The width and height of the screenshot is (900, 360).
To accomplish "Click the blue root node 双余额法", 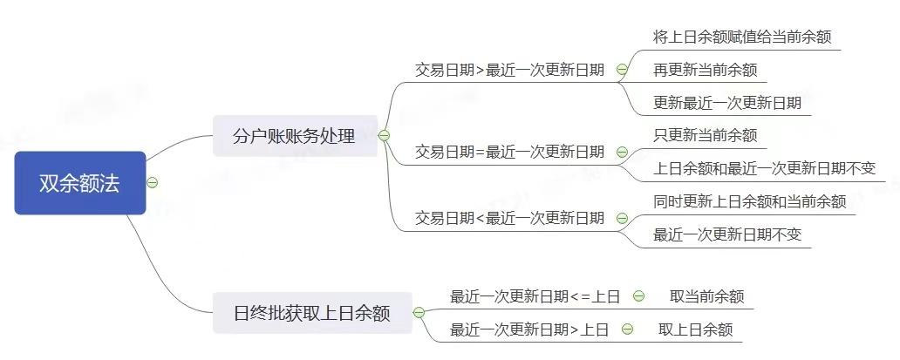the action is coord(79,183).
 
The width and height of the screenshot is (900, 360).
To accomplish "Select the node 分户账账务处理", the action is coord(295,136).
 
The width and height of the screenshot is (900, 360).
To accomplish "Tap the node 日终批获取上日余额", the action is coord(312,313).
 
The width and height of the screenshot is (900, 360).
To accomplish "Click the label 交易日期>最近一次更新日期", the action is coord(509,70).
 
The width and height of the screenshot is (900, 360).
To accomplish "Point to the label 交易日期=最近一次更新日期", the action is coord(509,152).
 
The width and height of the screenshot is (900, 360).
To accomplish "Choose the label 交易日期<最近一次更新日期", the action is coord(509,218).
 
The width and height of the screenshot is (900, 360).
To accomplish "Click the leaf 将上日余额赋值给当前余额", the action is coord(741,37).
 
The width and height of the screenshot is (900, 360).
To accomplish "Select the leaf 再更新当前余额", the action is coord(705,70).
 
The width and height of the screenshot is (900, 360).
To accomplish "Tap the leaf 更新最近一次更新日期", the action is coord(726,103).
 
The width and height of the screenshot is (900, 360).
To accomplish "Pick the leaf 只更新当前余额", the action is coord(705,135).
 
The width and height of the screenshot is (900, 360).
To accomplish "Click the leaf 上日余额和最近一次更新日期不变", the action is coord(764,168).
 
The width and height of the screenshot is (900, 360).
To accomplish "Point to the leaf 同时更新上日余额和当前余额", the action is coord(749,201).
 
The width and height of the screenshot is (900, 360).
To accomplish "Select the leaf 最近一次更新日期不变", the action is coord(726,234).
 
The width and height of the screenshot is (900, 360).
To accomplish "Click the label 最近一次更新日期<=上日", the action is coord(535,296).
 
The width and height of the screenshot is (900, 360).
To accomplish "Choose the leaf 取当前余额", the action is coord(706,296).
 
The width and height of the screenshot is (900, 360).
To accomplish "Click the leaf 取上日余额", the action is coord(695,329).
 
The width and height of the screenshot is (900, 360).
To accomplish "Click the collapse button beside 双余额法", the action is coord(153,183).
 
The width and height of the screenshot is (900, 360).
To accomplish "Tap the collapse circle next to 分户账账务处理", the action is coord(385,136).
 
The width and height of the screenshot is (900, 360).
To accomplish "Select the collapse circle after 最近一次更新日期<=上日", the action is coord(638,296).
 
